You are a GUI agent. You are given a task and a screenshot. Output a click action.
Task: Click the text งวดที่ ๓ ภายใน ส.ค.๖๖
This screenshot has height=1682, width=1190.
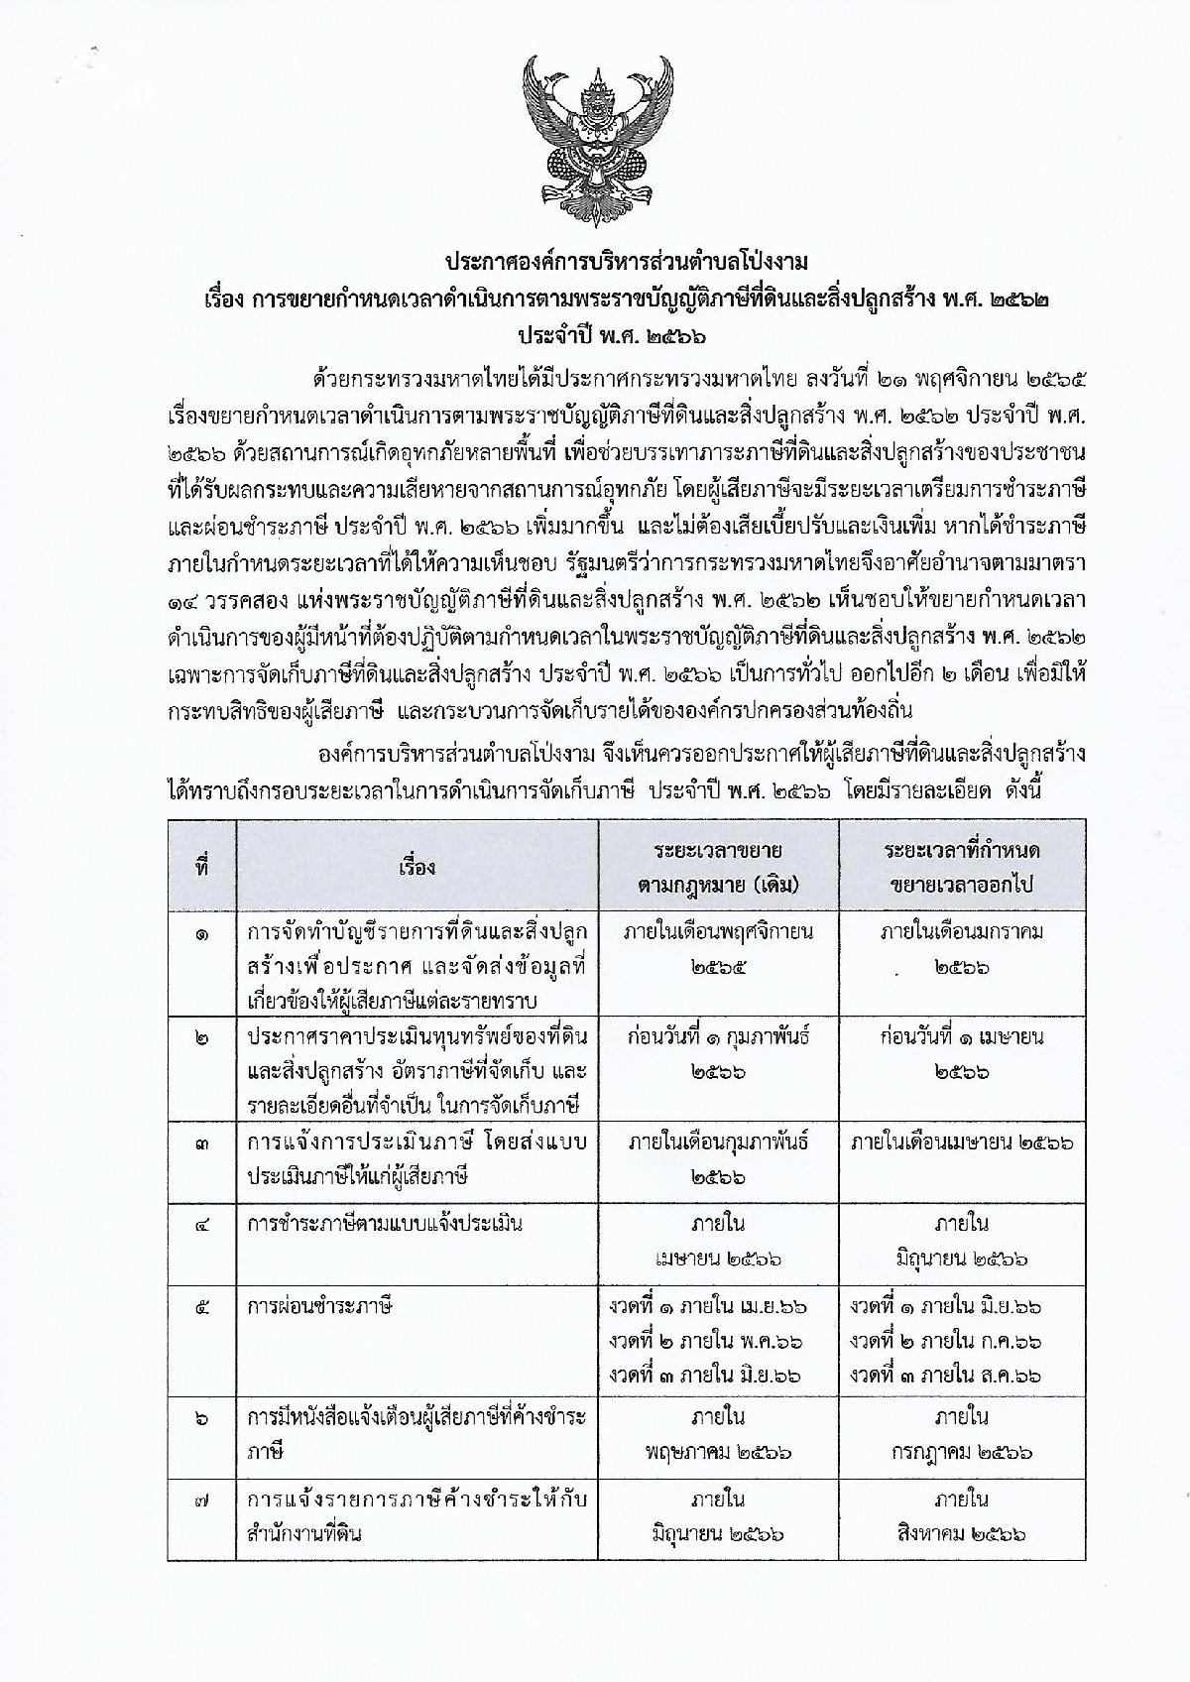[x=946, y=1375]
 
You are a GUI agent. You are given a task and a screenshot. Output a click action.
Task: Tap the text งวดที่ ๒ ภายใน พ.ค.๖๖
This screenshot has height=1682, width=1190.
[x=706, y=1341]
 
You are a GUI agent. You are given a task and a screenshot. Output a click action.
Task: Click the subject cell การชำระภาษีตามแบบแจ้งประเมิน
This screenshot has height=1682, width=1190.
[x=385, y=1224]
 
